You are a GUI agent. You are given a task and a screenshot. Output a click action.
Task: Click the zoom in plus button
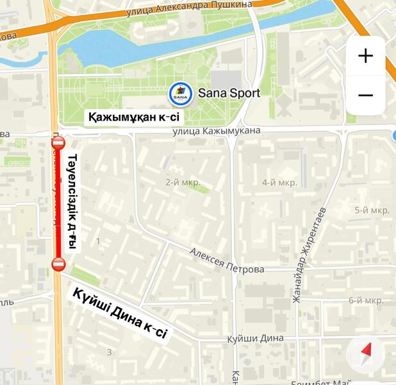pos(365,56)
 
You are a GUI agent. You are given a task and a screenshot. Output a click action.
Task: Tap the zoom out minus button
pos(365,96)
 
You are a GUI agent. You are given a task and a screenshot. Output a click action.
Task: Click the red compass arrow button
pos(366,352)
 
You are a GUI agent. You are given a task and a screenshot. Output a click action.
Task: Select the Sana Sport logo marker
pos(181,94)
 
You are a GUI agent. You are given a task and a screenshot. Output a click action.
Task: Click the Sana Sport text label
pos(229,93)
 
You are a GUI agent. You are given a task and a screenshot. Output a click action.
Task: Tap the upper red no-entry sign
pos(58,143)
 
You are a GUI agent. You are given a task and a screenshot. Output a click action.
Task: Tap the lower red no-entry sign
pos(58,264)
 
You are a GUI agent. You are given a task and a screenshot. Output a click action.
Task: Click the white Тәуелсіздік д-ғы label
pos(72,202)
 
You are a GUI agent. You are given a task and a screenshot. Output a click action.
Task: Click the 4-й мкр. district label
pos(279,183)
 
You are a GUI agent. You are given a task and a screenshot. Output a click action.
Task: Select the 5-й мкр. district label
pos(372,210)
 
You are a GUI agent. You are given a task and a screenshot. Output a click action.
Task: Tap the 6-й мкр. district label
pos(366,300)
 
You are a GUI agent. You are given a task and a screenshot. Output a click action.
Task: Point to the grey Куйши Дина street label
pos(255,338)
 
